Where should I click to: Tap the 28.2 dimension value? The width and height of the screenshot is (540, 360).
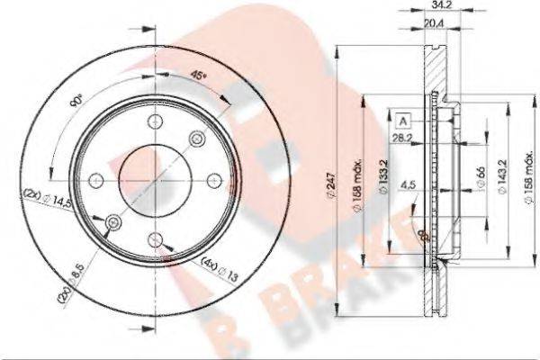click(x=401, y=139)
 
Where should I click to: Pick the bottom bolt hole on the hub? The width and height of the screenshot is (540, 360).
click(x=157, y=239)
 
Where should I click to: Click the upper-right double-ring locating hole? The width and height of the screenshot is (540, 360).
click(x=198, y=138)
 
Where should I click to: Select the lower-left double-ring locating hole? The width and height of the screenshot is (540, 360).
click(x=112, y=222)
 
